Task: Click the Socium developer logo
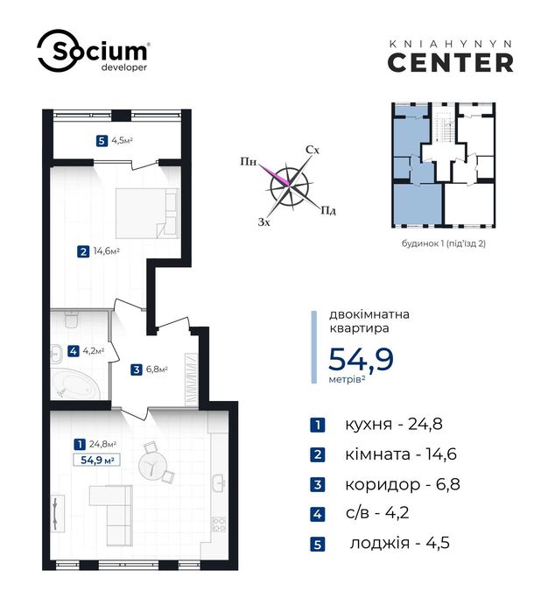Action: pyautogui.click(x=93, y=51)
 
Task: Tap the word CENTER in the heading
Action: pyautogui.click(x=451, y=63)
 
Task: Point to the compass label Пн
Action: pyautogui.click(x=249, y=161)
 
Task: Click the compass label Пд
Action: pyautogui.click(x=328, y=211)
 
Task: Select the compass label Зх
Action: pyautogui.click(x=264, y=222)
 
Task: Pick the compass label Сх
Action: pyautogui.click(x=313, y=150)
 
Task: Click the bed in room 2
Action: pyautogui.click(x=147, y=213)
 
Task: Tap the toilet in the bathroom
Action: pyautogui.click(x=72, y=320)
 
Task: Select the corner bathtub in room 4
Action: pyautogui.click(x=76, y=384)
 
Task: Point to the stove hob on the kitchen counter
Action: pyautogui.click(x=219, y=524)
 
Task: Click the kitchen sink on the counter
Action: pyautogui.click(x=219, y=482)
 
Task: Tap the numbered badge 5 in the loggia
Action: pyautogui.click(x=102, y=140)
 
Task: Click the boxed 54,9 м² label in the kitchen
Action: pyautogui.click(x=97, y=460)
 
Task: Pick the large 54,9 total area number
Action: pyautogui.click(x=361, y=359)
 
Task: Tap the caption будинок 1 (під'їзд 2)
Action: pyautogui.click(x=444, y=243)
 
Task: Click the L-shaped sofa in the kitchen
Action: pyautogui.click(x=113, y=515)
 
